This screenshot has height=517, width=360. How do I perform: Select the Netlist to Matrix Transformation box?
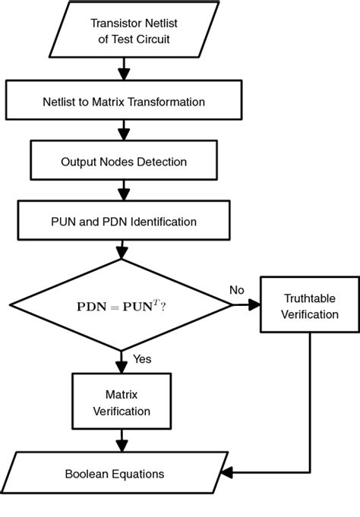[122, 101]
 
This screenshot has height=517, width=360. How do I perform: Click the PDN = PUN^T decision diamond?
[122, 305]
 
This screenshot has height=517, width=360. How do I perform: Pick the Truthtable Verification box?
[310, 305]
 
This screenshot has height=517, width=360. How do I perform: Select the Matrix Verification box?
[122, 402]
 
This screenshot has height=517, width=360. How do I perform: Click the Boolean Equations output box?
[122, 474]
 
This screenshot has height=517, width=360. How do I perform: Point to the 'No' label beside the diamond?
[237, 290]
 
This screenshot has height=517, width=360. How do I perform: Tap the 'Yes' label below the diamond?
[141, 358]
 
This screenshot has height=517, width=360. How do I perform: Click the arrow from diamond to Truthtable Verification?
[246, 305]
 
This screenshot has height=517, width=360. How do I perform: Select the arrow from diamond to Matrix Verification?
[122, 361]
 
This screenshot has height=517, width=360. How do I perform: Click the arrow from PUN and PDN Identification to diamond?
[122, 251]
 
